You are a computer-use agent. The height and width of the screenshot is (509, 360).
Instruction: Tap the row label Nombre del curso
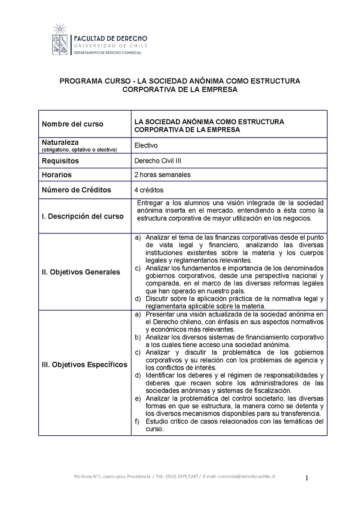(72, 124)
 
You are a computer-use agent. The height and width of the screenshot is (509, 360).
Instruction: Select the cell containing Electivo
(146, 145)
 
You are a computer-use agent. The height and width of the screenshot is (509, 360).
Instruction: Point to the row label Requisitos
(60, 161)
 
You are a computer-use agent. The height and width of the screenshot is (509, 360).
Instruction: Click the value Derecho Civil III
(157, 161)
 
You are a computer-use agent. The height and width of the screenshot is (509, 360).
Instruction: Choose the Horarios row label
(57, 174)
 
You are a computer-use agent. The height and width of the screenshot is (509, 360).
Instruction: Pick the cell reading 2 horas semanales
(162, 174)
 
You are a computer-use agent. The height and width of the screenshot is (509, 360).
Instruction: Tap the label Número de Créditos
(76, 190)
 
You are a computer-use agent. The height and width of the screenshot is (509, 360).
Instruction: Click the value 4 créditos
(148, 190)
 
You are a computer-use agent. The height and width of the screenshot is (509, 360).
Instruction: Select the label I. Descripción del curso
(82, 216)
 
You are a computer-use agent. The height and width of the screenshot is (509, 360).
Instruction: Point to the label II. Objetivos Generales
(81, 272)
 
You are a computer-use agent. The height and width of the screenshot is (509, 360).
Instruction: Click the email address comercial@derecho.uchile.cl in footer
(246, 477)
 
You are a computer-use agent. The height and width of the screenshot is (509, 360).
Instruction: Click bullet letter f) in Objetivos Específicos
(138, 421)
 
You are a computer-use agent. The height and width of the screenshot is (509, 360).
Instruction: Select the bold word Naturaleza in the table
(60, 142)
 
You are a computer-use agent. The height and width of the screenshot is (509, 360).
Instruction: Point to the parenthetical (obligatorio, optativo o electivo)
(79, 149)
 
